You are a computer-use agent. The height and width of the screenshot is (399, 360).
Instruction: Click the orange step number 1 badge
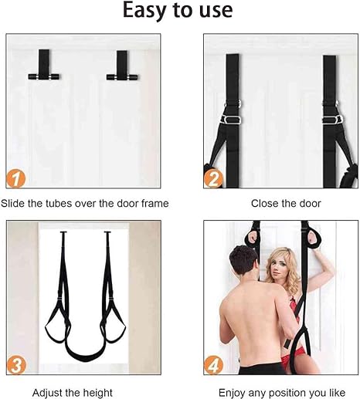click(x=16, y=178)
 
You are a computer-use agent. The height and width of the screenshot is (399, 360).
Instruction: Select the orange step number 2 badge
click(x=213, y=178)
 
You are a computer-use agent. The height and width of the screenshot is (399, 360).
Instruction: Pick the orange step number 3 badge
click(x=16, y=365)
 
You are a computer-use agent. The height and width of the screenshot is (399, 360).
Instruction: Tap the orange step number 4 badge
click(x=213, y=365)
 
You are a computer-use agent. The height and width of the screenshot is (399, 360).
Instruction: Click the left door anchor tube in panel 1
click(x=44, y=76)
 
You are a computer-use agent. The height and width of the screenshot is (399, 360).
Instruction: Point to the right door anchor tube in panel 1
click(x=122, y=77)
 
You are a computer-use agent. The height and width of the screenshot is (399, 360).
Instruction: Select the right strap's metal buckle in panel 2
click(x=332, y=120)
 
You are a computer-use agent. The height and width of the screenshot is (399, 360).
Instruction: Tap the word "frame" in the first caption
click(x=155, y=203)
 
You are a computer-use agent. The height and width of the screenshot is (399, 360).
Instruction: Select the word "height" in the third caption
click(x=97, y=393)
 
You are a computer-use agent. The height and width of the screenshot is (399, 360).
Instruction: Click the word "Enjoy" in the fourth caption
click(x=232, y=393)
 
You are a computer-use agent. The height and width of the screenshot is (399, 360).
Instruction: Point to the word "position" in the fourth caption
click(x=287, y=393)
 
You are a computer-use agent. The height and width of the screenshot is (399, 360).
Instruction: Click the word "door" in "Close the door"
click(x=310, y=204)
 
